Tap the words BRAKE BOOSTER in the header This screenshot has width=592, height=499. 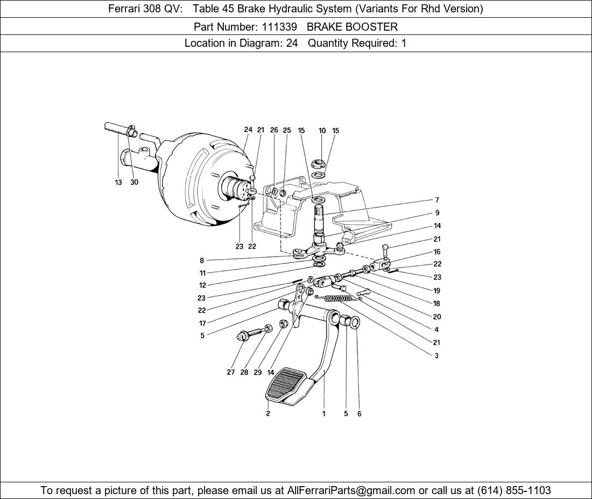click(352, 26)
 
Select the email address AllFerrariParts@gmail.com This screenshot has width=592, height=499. click(351, 490)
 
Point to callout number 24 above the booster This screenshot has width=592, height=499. click(248, 130)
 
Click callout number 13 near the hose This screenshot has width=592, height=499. click(118, 182)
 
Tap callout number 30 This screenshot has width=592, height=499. click(134, 182)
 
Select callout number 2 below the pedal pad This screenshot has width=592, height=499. click(267, 414)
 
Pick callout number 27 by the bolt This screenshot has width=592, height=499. click(230, 372)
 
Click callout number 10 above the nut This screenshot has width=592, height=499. click(322, 131)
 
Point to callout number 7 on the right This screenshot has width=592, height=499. click(437, 200)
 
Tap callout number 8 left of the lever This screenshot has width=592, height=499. click(202, 261)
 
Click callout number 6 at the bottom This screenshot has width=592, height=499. click(360, 414)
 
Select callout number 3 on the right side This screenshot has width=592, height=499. click(436, 355)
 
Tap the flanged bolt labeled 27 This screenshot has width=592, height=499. click(243, 337)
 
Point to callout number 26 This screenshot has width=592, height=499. click(274, 130)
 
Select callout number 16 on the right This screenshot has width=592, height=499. click(437, 252)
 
